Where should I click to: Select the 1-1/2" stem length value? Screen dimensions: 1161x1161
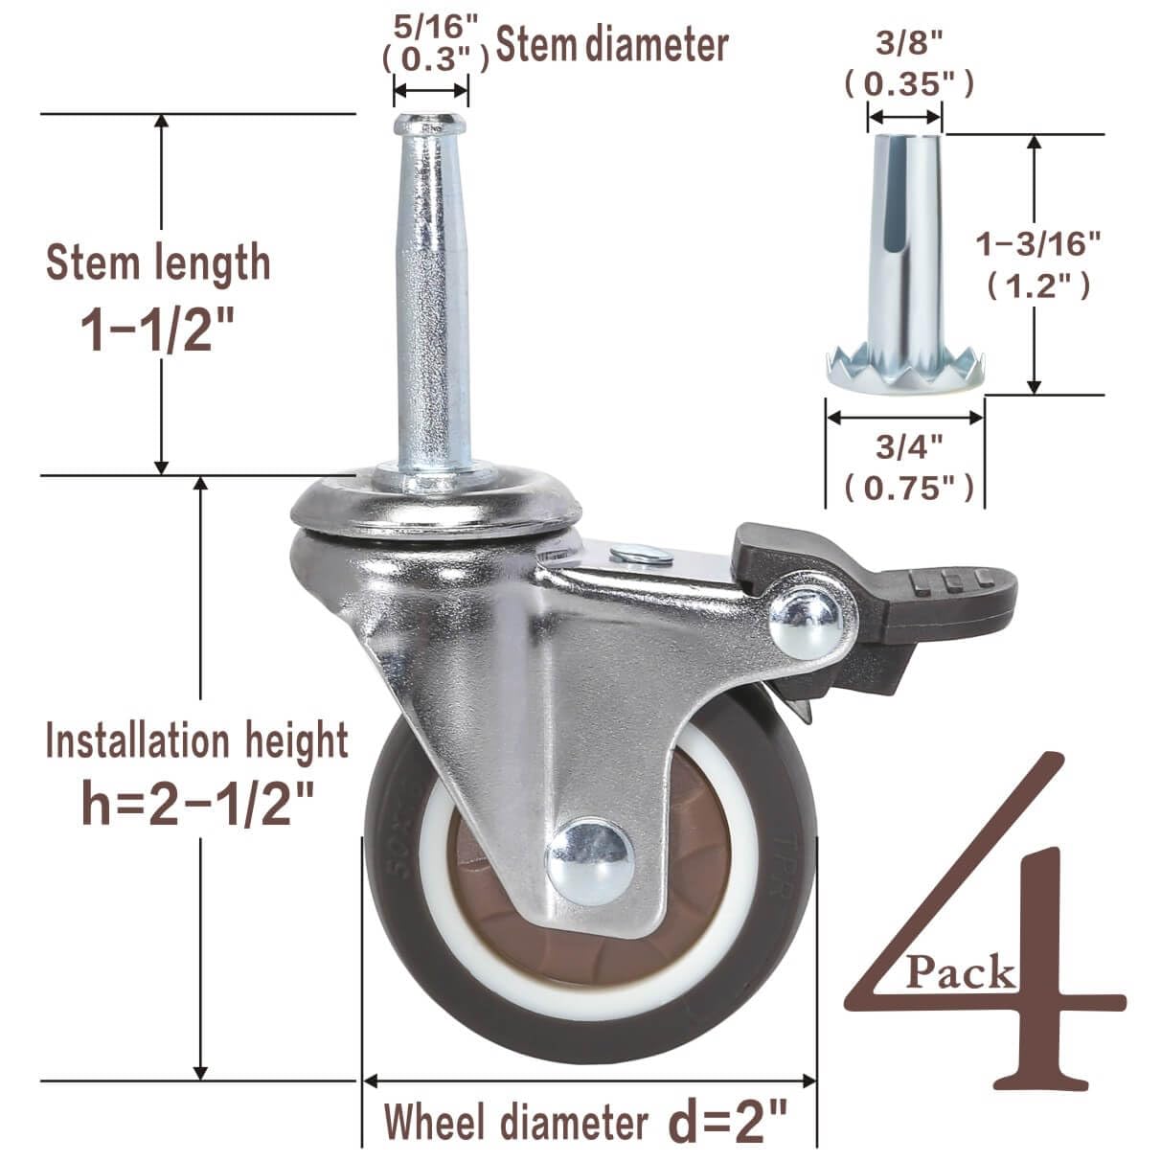(x=157, y=327)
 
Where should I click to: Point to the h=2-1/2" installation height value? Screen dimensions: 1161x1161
(x=198, y=803)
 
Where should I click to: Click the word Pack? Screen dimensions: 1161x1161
(x=961, y=973)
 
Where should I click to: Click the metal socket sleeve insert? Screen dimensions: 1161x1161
(x=905, y=259)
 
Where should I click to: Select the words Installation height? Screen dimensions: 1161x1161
(x=197, y=741)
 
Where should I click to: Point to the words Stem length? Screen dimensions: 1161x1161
(x=158, y=262)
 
